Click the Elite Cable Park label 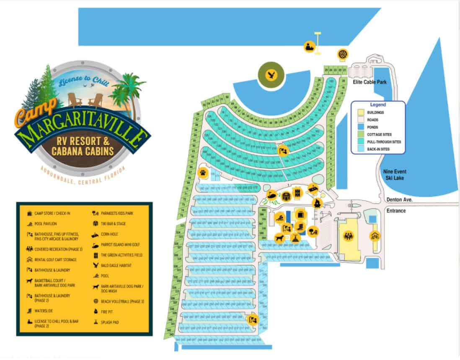(369, 82)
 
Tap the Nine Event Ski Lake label (395, 175)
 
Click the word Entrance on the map (396, 211)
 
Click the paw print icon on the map (203, 172)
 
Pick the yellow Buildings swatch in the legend (359, 113)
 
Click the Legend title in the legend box (377, 105)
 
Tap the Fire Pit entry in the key (107, 312)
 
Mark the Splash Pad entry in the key (110, 322)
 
